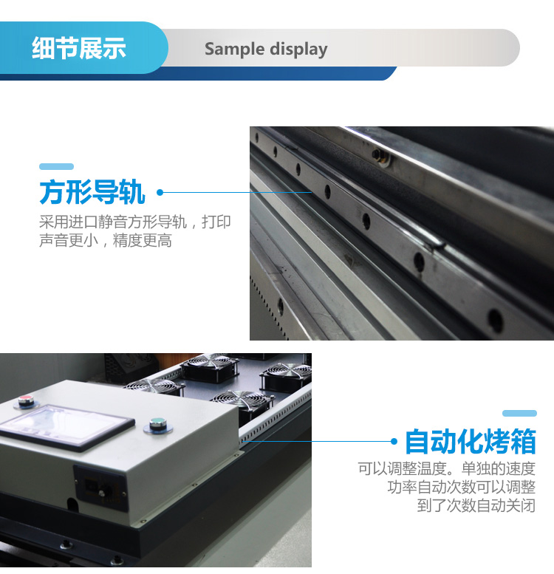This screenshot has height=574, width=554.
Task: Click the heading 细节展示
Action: point(79,48)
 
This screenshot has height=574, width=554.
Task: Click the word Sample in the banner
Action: point(234,49)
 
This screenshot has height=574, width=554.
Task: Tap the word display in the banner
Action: point(298,49)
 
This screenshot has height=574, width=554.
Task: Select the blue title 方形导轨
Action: point(92,192)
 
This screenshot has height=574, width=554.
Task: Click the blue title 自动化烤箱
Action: point(471,442)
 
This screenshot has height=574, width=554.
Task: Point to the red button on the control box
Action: point(26,400)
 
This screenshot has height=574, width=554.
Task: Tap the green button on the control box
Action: point(158,423)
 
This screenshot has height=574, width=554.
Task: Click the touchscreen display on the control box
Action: point(66,426)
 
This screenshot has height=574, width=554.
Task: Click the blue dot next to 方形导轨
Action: point(160,192)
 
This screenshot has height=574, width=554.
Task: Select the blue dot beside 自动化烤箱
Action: point(394,442)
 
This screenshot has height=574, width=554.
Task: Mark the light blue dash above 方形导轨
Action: point(56,166)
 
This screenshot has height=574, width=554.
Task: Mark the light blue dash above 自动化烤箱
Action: point(519,413)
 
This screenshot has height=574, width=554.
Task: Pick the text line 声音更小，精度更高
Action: point(106,241)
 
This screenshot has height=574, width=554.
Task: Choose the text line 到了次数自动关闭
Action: point(476,505)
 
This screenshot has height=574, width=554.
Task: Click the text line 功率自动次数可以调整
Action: point(462,487)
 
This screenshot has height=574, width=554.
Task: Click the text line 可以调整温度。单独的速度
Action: point(446,468)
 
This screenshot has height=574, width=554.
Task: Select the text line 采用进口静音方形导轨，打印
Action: point(135,222)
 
